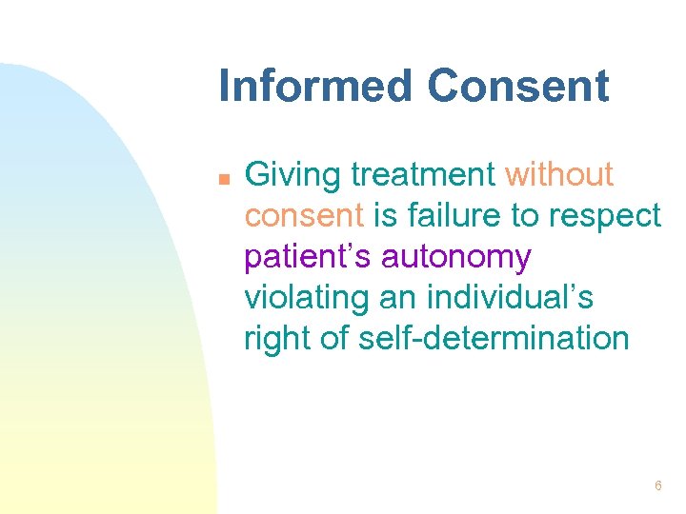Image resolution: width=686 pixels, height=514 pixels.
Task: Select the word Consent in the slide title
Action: click(x=518, y=86)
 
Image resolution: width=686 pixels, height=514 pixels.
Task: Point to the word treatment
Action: click(x=423, y=176)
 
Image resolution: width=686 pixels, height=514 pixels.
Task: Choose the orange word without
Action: click(x=559, y=175)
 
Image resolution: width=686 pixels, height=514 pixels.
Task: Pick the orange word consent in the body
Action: click(x=304, y=217)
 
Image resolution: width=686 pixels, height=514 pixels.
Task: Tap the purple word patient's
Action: click(x=308, y=258)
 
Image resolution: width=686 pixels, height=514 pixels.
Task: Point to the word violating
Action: click(x=307, y=299)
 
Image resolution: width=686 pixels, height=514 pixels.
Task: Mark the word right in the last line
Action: click(x=274, y=340)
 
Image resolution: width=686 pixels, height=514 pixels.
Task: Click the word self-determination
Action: click(x=494, y=339)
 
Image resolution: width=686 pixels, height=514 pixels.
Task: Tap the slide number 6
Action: click(x=657, y=486)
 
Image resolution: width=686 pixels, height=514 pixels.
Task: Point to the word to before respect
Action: click(x=526, y=217)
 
